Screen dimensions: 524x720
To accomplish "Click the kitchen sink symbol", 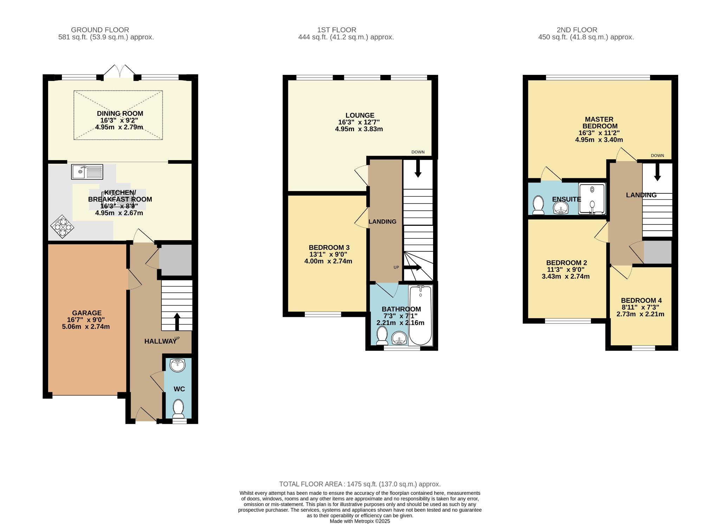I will [x=87, y=172].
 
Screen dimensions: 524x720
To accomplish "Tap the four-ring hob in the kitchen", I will [x=62, y=226].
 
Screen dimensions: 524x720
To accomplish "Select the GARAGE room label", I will [x=87, y=313].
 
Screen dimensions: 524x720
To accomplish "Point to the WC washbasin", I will [x=177, y=365].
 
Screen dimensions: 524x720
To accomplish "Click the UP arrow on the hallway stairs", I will [x=177, y=321].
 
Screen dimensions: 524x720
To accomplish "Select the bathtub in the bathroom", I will [x=420, y=315].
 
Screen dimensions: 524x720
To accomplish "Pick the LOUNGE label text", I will [x=360, y=115].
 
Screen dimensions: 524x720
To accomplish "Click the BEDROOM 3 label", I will [x=329, y=248].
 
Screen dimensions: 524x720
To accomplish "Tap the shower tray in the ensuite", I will [x=592, y=199].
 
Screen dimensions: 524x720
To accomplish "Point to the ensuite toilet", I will [x=538, y=205].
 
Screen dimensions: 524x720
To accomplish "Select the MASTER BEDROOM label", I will [x=599, y=123].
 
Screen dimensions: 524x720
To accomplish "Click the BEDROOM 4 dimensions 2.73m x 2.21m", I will [x=640, y=314].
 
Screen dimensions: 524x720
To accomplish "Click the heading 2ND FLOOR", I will [x=577, y=30].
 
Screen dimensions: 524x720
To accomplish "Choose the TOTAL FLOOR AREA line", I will [x=360, y=484].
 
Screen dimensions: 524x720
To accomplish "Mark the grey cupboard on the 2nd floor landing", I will [x=657, y=252].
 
